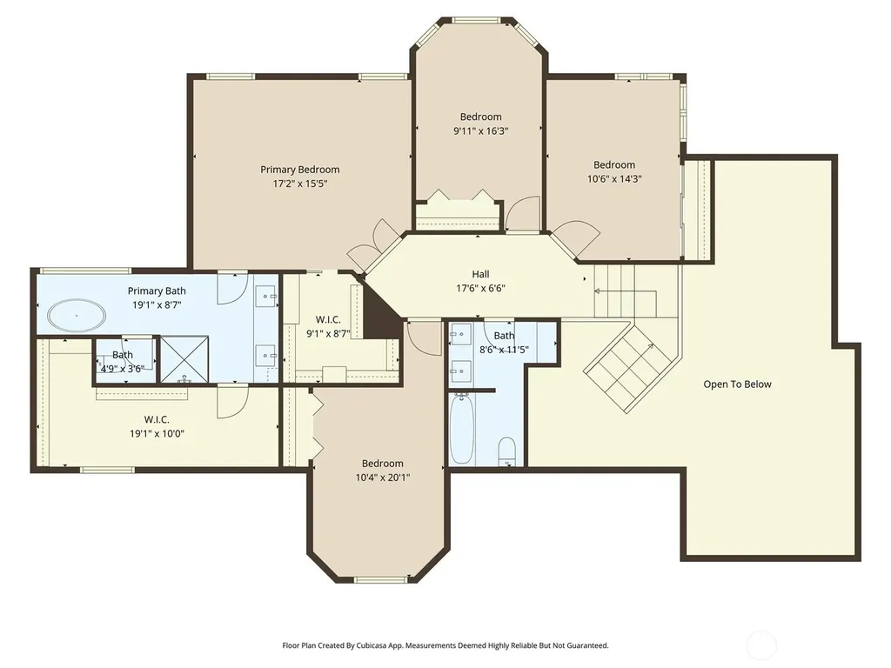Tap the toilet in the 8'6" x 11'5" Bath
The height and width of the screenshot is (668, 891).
click(506, 451)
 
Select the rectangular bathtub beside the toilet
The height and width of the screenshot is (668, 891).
click(461, 430)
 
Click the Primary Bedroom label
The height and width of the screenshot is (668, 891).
click(300, 170)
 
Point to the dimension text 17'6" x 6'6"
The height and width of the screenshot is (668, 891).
click(480, 288)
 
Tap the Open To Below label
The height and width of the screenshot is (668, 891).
click(738, 384)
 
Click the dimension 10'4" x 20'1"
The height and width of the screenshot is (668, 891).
click(383, 478)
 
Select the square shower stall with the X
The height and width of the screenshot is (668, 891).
click(184, 359)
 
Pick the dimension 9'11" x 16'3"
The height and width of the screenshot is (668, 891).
click(480, 130)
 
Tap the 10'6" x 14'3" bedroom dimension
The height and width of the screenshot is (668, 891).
click(614, 179)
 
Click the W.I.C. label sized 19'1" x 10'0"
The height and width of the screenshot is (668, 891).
click(157, 420)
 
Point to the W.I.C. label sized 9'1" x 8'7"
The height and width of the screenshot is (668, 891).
click(328, 320)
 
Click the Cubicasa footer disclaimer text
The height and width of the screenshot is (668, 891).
click(445, 645)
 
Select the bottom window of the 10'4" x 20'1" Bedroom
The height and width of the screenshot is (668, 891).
click(381, 580)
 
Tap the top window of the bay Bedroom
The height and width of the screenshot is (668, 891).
click(480, 21)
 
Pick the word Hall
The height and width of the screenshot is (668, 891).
click(480, 274)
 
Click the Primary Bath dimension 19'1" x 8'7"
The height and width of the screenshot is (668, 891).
click(157, 305)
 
